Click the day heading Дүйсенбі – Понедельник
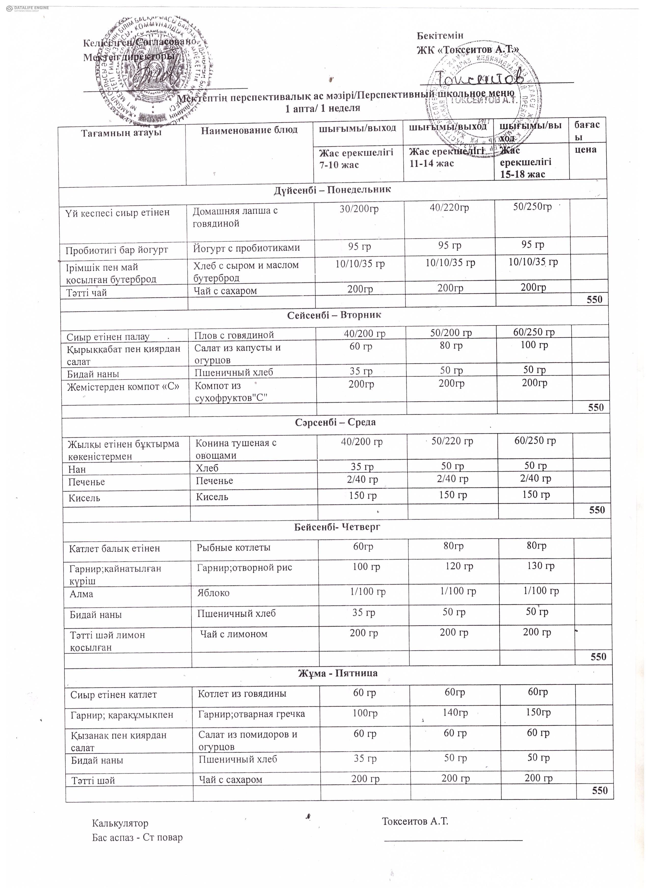332,189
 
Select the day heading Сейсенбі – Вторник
334,315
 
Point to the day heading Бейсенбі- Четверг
337,527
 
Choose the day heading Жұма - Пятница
338,673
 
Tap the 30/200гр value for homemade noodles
359,209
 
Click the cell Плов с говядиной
234,335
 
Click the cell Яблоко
213,593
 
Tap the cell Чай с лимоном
234,634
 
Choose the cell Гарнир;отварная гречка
251,714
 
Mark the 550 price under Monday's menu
594,300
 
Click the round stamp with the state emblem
154,71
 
